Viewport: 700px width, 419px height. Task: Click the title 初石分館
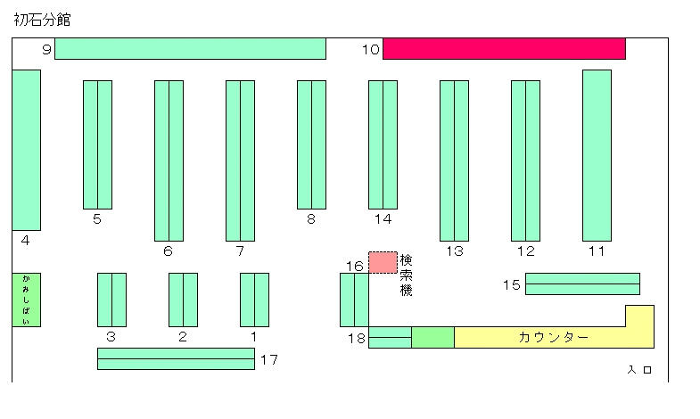(42, 20)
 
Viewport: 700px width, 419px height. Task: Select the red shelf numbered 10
(504, 49)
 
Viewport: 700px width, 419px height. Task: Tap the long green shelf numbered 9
(190, 49)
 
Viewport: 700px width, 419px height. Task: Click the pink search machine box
(383, 262)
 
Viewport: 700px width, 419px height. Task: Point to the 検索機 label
(406, 275)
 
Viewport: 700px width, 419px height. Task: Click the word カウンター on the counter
(554, 337)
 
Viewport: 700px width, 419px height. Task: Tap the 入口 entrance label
(639, 369)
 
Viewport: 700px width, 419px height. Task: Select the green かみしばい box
(27, 300)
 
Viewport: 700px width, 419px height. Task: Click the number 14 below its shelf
(383, 219)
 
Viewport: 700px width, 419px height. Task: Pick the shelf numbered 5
(97, 144)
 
